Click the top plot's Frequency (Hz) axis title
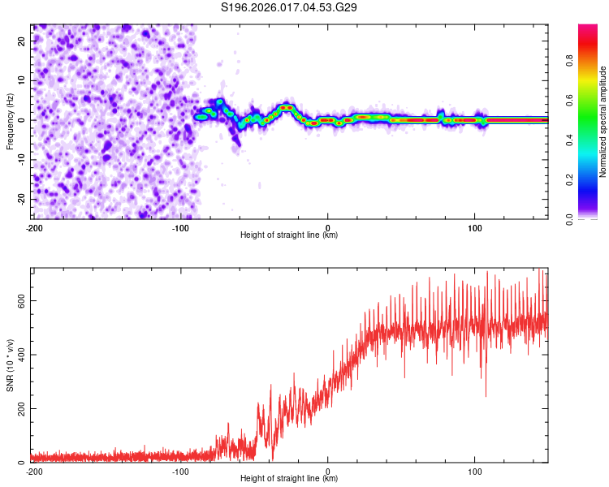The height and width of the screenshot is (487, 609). pyautogui.click(x=10, y=122)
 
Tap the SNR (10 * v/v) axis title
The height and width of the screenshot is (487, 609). pyautogui.click(x=10, y=364)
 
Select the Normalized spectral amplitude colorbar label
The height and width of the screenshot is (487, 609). pyautogui.click(x=603, y=121)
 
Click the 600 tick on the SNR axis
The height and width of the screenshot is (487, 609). pyautogui.click(x=19, y=300)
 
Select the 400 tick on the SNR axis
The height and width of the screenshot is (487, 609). pyautogui.click(x=19, y=354)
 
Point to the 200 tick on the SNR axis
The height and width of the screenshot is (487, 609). pyautogui.click(x=19, y=408)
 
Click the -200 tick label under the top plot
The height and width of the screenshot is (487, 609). pyautogui.click(x=34, y=226)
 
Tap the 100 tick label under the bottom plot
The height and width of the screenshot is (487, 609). pyautogui.click(x=474, y=471)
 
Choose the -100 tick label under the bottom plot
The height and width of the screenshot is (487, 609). pyautogui.click(x=180, y=471)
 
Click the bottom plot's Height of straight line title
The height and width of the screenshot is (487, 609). pyautogui.click(x=289, y=479)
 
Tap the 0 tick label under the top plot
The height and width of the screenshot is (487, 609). pyautogui.click(x=327, y=226)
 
